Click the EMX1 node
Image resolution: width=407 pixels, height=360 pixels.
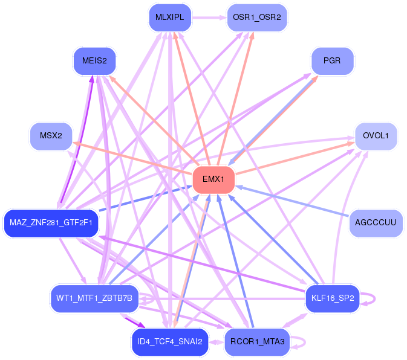click(213, 179)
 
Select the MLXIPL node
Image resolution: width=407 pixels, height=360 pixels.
click(170, 18)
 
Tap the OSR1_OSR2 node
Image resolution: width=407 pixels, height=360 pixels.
click(257, 18)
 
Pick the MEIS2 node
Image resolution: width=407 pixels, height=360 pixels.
click(94, 61)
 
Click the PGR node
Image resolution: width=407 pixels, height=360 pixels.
click(333, 61)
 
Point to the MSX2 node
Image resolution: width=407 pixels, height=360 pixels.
click(51, 136)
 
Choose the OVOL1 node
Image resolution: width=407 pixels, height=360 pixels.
click(376, 136)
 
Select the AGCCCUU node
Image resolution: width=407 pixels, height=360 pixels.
click(376, 223)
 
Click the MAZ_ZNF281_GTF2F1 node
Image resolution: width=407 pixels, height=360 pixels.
click(51, 223)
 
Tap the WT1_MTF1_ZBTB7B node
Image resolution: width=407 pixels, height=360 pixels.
click(94, 298)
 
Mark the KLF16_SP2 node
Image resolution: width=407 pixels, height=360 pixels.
click(333, 298)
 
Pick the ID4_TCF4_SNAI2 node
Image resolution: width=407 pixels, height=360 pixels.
click(170, 342)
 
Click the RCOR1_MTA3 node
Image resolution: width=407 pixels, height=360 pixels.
click(257, 342)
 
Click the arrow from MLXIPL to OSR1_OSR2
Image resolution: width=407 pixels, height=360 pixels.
click(209, 18)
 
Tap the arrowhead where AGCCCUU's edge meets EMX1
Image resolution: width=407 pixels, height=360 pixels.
click(239, 187)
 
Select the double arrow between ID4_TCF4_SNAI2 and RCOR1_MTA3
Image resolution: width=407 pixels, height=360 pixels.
click(217, 342)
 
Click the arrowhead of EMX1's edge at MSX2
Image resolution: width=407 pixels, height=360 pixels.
click(76, 143)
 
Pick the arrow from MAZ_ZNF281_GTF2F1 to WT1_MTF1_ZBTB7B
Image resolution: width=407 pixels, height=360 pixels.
click(73, 260)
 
